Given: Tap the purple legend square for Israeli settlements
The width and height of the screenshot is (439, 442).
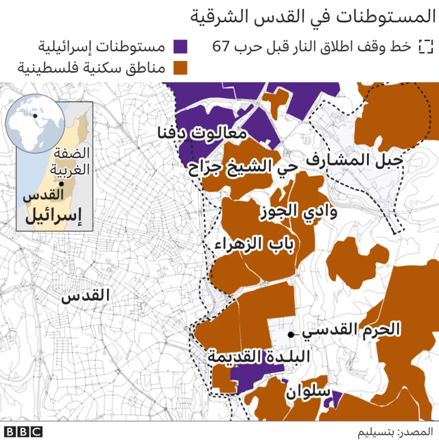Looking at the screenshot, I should pyautogui.click(x=181, y=47).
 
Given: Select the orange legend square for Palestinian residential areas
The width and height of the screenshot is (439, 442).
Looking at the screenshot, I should pyautogui.click(x=181, y=68).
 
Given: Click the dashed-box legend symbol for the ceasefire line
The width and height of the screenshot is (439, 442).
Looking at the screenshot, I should pyautogui.click(x=426, y=47).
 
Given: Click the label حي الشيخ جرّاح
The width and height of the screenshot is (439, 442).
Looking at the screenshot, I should pyautogui.click(x=243, y=167).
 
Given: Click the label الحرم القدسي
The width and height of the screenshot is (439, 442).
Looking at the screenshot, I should pyautogui.click(x=351, y=330).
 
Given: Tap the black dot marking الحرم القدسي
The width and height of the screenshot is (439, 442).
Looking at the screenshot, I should pyautogui.click(x=292, y=334).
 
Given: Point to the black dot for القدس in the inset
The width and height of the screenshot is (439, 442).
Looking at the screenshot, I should pyautogui.click(x=61, y=184).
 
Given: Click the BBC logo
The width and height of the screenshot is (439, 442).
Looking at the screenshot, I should pyautogui.click(x=23, y=432).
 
